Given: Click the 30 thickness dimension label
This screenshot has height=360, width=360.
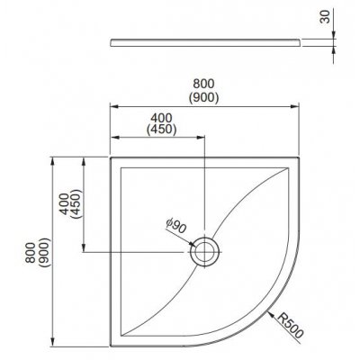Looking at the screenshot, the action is [x=325, y=16].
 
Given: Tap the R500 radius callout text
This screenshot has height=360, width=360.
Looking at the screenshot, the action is [x=291, y=325].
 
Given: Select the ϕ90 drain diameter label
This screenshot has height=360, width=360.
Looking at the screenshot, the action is [x=175, y=227].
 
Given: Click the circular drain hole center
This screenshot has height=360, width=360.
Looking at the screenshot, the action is [x=204, y=251].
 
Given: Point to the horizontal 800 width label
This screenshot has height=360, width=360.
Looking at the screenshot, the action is [x=203, y=84].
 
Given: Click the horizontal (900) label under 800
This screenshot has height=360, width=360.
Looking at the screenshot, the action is [x=203, y=97].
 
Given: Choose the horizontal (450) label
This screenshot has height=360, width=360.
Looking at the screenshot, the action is [x=161, y=130].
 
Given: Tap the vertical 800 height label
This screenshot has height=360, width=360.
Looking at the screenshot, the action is [x=31, y=253].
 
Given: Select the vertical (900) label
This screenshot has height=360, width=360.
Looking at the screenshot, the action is [x=44, y=252].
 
